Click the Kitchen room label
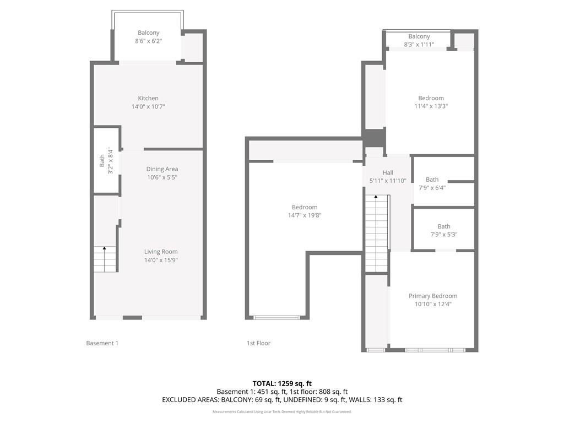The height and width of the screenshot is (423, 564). tap(148, 98)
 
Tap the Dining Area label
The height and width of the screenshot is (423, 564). tap(162, 169)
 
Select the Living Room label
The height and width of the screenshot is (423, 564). tap(161, 252)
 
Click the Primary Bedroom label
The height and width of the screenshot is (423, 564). tap(433, 296)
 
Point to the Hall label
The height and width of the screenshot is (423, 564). tap(388, 172)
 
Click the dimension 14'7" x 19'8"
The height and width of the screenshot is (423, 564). tap(305, 215)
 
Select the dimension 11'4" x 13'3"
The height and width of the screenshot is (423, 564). tap(431, 106)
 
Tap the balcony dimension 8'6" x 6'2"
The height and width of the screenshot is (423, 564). tap(149, 41)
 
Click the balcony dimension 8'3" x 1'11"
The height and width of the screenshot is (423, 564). tap(419, 45)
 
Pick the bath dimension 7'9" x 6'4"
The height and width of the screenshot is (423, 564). tap(432, 188)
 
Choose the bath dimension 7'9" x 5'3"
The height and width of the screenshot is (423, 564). tap(444, 235)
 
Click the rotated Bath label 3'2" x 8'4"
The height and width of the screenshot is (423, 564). tap(106, 161)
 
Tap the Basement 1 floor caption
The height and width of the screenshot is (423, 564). tap(102, 343)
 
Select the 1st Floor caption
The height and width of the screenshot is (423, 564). tap(259, 343)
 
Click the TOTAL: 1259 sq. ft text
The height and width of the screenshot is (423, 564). tap(282, 383)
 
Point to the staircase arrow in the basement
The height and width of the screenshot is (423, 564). tap(104, 259)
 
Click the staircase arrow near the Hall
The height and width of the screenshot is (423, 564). tap(376, 233)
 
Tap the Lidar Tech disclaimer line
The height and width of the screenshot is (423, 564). tap(282, 411)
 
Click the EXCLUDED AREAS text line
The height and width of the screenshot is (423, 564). tap(282, 400)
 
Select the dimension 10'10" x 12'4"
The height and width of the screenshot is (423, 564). tap(433, 304)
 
